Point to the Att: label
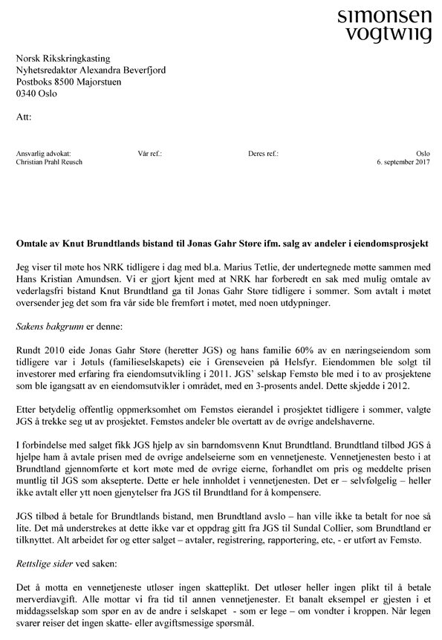click(24, 117)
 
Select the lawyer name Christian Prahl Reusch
click(50, 163)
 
